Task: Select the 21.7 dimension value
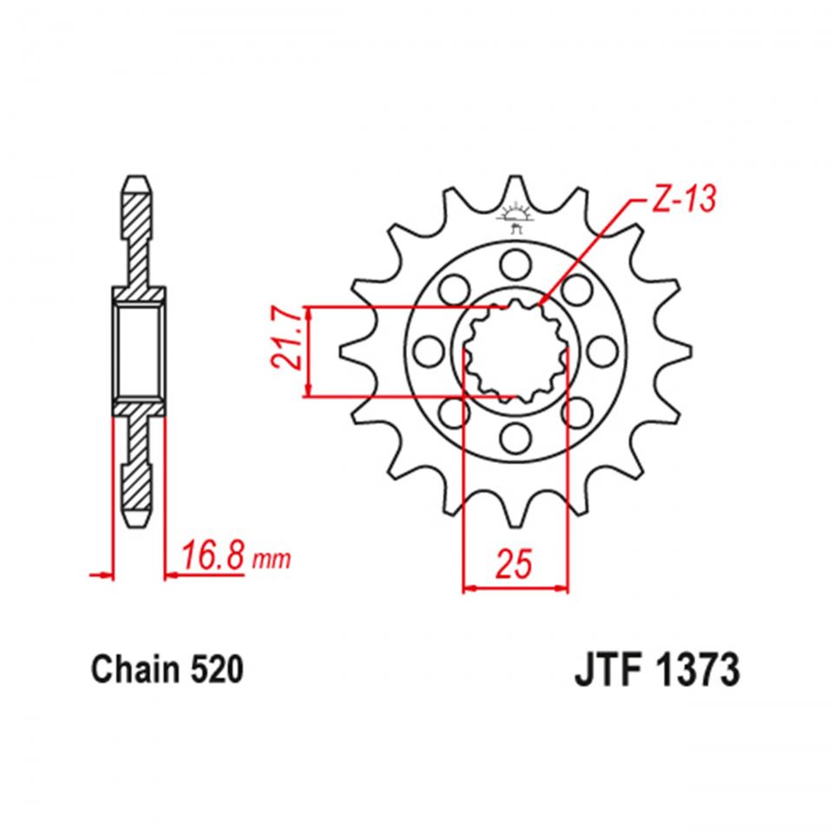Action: tap(289, 351)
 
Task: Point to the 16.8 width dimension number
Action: tap(212, 556)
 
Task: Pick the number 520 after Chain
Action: tap(213, 672)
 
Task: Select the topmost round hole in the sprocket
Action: tap(515, 261)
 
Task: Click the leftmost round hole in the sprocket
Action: tap(425, 351)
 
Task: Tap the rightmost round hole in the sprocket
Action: tap(604, 351)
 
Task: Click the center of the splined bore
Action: tap(515, 351)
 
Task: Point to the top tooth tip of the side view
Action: tap(139, 184)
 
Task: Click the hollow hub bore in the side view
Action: tap(139, 351)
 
